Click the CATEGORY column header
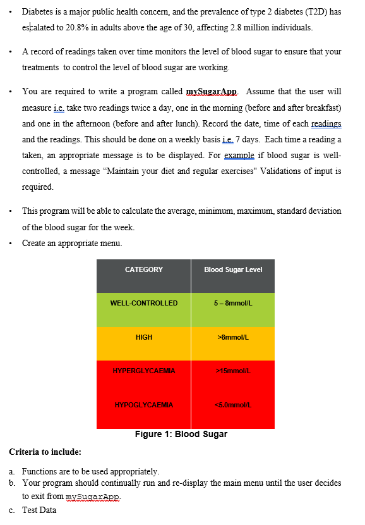point(144,269)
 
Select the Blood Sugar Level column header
point(233,269)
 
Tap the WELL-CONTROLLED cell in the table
point(144,303)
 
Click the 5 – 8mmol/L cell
point(233,303)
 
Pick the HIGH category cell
point(144,337)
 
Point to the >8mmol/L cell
point(233,337)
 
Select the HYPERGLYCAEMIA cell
point(144,371)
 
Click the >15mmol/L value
point(233,371)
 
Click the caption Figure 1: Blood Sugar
point(181,434)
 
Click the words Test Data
point(39,510)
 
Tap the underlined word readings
point(327,123)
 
